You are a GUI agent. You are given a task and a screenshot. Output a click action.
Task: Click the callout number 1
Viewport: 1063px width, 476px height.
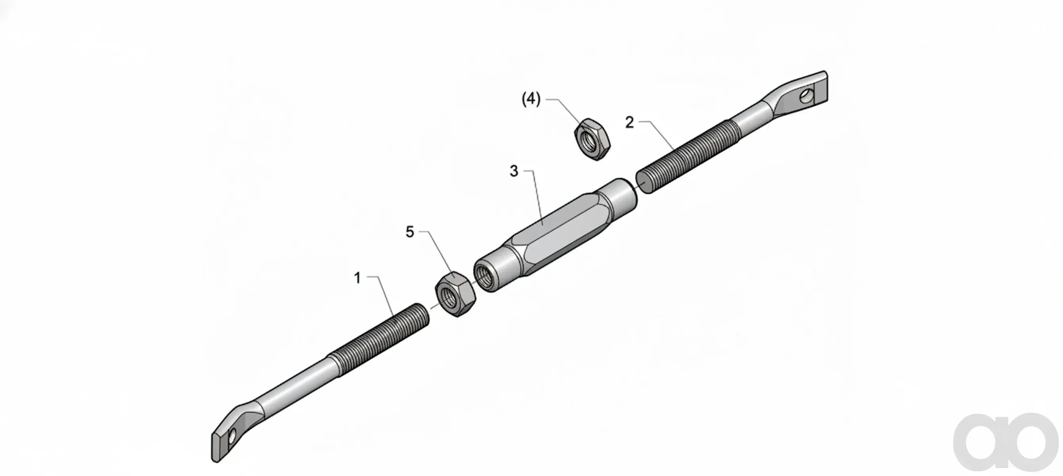358,278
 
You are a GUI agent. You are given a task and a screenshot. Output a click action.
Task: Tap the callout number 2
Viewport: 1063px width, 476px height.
629,123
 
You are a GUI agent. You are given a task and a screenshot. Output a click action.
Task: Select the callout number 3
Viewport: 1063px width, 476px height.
514,171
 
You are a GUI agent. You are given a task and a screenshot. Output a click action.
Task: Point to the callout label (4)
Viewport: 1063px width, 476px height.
531,100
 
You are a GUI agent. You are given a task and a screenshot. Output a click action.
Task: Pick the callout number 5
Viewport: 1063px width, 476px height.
409,232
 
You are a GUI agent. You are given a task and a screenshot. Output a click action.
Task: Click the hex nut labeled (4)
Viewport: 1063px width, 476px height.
592,139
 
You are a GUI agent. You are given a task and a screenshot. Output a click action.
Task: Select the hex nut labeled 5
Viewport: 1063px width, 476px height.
455,294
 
